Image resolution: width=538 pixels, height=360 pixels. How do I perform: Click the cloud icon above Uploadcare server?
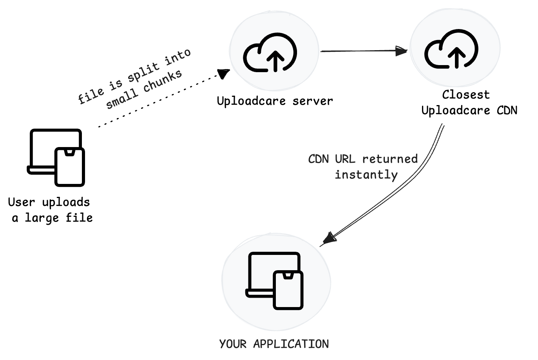point(270,53)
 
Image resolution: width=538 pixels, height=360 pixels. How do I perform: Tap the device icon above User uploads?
point(56,157)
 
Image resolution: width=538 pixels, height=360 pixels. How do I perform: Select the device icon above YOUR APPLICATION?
point(275,281)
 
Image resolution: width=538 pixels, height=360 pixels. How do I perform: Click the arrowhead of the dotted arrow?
point(225,73)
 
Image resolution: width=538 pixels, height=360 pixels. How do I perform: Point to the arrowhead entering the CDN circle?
point(402,51)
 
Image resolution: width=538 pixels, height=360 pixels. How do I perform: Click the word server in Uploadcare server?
point(313,101)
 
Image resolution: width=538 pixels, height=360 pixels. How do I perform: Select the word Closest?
point(466,95)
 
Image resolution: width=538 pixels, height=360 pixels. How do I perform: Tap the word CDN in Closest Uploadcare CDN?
point(507,111)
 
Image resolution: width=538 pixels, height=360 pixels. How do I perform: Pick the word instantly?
point(366,175)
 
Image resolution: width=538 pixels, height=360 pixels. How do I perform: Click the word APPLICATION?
point(291,344)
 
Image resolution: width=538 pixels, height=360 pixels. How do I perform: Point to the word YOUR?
point(233,344)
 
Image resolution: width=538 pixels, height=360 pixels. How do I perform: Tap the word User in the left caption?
point(22,202)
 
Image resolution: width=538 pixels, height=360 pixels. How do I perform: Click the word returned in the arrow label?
point(390,159)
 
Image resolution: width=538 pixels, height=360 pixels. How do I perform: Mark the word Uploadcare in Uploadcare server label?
point(251,101)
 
